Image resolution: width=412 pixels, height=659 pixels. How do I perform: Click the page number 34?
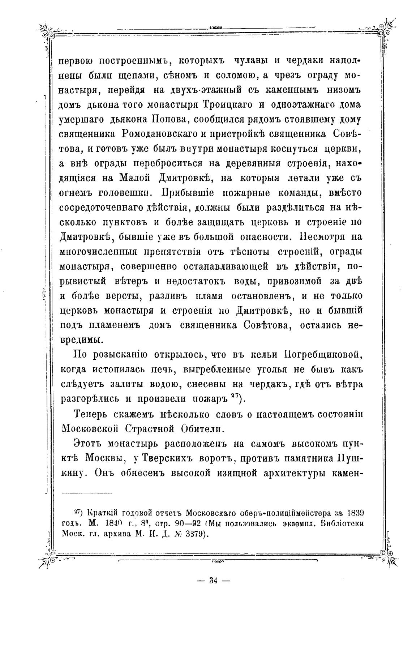pos(213,581)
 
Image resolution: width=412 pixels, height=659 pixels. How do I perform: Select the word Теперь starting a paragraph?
pos(92,414)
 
